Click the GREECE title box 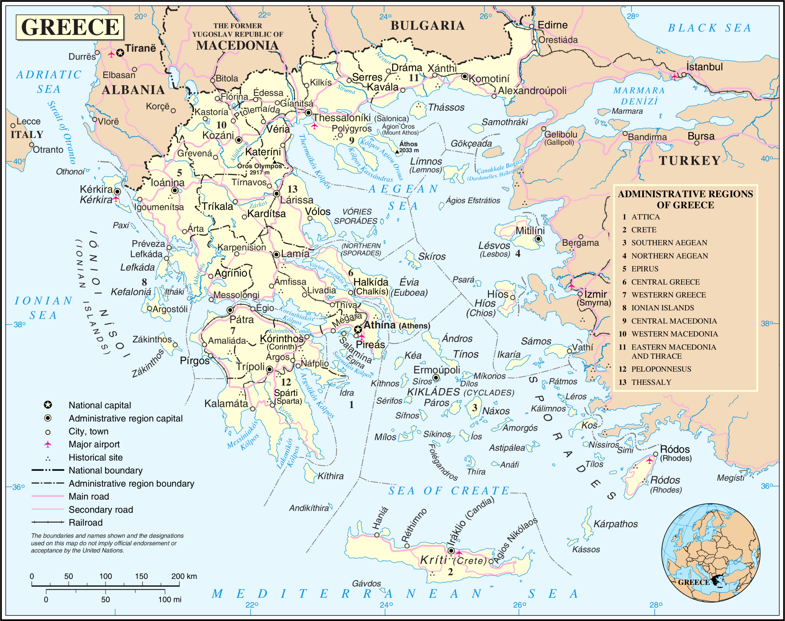[x=70, y=27]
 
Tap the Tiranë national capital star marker [x=120, y=53]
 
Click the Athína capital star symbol [x=358, y=330]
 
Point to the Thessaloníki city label [x=342, y=118]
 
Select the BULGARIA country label [x=428, y=25]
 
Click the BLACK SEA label [x=709, y=28]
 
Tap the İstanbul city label [x=704, y=67]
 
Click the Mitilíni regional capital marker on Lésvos [x=538, y=239]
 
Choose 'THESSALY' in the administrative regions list [x=651, y=382]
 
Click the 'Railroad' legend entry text [x=86, y=523]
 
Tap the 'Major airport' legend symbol [x=48, y=444]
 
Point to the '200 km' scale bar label [x=184, y=576]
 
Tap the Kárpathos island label [x=615, y=524]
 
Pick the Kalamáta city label [x=226, y=403]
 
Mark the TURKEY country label [x=689, y=161]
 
